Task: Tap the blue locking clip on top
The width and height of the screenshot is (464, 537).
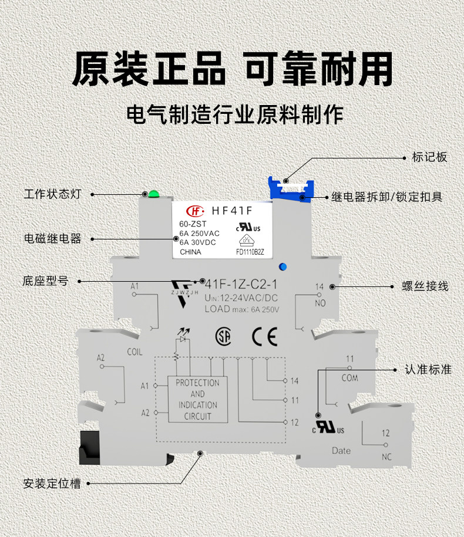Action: [x=291, y=190]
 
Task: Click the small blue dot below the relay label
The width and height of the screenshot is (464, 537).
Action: [x=283, y=267]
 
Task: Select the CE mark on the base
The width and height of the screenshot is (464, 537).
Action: [x=264, y=337]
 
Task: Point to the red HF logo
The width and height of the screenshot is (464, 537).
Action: [x=196, y=211]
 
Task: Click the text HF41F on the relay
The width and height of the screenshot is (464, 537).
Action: [x=232, y=211]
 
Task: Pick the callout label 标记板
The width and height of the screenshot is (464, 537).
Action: [x=429, y=157]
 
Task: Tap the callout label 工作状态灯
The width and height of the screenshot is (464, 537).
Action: [x=52, y=194]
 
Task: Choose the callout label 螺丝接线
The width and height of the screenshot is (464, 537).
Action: [x=425, y=286]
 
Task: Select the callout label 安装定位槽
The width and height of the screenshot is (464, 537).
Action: [x=52, y=484]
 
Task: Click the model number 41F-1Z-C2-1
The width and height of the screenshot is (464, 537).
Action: [x=241, y=284]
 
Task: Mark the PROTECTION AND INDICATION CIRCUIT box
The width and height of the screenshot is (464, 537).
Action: [x=198, y=399]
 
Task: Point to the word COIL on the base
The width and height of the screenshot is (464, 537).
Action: [x=135, y=352]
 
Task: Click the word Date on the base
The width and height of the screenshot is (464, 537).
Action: [x=341, y=451]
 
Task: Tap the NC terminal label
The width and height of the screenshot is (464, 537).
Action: [x=386, y=457]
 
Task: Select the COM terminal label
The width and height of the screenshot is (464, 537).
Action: [x=350, y=378]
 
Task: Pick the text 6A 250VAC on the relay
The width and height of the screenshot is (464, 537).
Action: [x=200, y=233]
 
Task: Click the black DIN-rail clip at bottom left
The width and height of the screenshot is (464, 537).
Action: [x=89, y=448]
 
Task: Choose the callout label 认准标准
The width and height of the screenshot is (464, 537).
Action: [x=428, y=370]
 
